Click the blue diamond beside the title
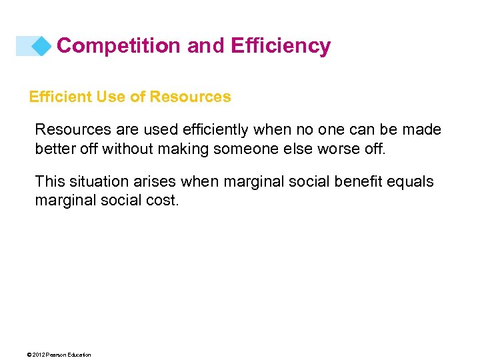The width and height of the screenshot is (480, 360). pos(42,46)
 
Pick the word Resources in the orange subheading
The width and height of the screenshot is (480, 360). pos(191,97)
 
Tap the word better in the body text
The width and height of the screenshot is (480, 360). pos(55,148)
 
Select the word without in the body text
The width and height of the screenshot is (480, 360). pos(127,148)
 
